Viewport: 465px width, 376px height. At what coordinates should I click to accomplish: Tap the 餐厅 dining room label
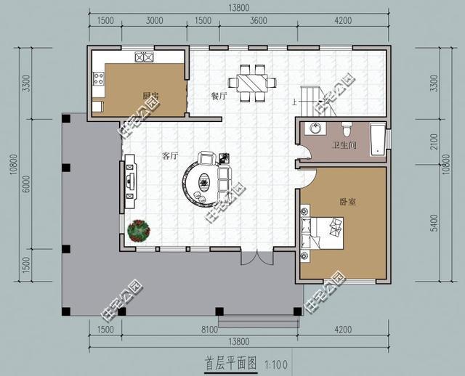219,97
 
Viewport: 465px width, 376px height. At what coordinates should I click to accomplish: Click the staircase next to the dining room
310,101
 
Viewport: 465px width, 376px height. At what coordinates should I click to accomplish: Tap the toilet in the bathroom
347,130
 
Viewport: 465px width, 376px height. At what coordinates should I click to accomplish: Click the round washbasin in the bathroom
315,129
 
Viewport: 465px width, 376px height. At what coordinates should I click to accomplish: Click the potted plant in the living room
138,231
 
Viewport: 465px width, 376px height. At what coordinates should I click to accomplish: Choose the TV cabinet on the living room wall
131,178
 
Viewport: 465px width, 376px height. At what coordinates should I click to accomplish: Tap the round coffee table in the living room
200,181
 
